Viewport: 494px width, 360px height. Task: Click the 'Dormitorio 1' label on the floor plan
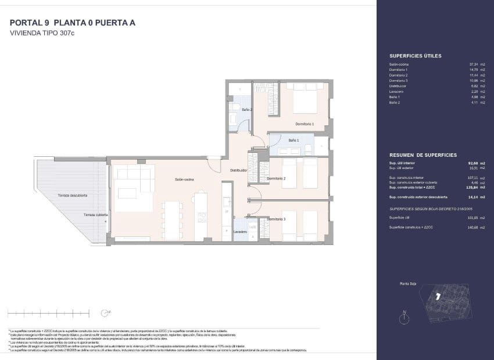click(305, 124)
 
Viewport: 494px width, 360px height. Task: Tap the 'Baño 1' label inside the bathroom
click(293, 141)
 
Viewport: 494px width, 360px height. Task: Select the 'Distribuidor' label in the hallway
click(239, 171)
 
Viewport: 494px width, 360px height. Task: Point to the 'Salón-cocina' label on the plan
click(184, 179)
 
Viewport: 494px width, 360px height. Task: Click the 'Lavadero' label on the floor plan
click(241, 232)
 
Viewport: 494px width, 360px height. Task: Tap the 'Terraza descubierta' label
click(73, 196)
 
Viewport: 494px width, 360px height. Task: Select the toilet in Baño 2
click(234, 118)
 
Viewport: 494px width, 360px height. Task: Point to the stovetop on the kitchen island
click(202, 217)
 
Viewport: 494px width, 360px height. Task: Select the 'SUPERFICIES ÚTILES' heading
click(415, 56)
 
